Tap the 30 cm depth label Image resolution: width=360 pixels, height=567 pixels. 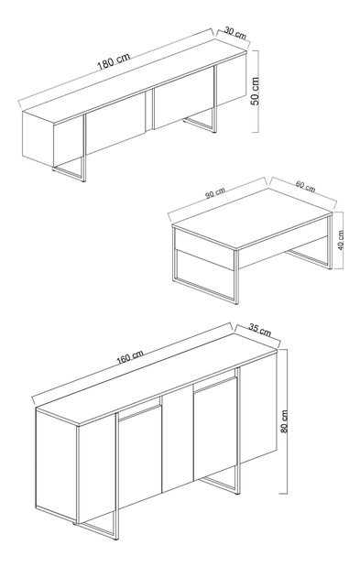point(235,33)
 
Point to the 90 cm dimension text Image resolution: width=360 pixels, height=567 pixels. point(216,193)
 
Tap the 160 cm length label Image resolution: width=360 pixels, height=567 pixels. point(129,359)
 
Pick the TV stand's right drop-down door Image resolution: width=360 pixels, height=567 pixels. point(183,102)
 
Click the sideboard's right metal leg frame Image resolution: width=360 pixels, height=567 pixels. point(223,485)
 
